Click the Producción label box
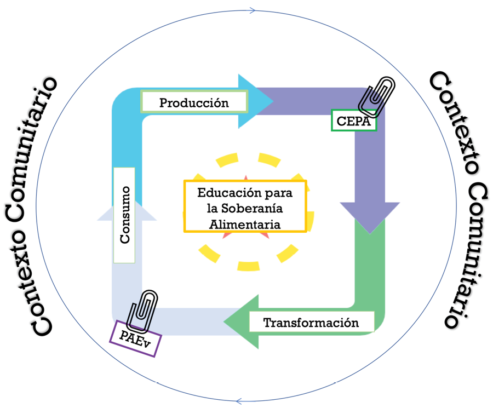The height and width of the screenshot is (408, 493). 194,102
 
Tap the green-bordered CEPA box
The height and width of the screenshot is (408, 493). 354,121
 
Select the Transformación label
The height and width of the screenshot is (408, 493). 311,322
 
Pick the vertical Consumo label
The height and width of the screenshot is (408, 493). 124,215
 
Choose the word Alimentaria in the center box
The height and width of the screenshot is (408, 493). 245,224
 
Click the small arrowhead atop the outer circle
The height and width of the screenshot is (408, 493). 253,10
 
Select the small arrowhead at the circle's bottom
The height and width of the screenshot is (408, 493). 239,401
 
